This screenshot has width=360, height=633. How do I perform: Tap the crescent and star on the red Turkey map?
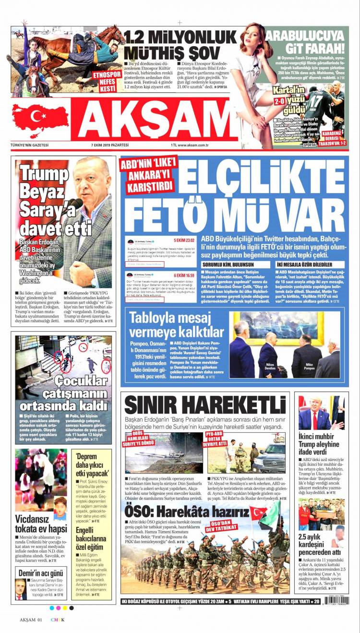pyautogui.click(x=37, y=116)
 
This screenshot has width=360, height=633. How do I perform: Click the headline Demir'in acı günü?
pyautogui.click(x=41, y=573)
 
